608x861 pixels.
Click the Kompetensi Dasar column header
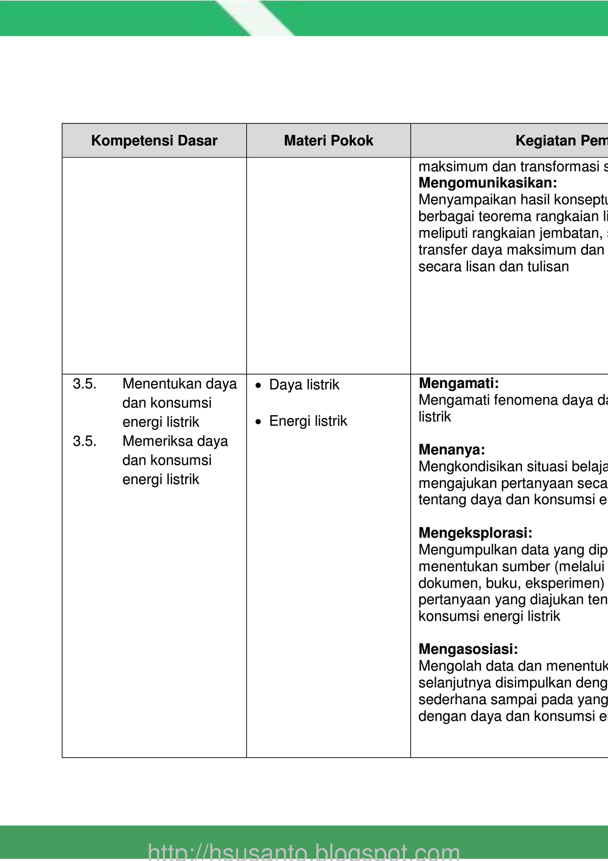click(154, 141)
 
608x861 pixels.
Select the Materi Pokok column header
click(328, 141)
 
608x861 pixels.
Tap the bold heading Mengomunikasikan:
click(488, 183)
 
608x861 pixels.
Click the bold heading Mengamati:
click(458, 383)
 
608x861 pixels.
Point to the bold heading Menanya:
click(452, 450)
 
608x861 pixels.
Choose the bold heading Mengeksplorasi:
click(475, 533)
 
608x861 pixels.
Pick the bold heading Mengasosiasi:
click(468, 649)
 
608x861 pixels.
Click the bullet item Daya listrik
click(304, 385)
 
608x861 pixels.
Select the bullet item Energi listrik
click(308, 421)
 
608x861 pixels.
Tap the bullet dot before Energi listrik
click(259, 422)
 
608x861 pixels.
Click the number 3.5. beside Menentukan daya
click(85, 384)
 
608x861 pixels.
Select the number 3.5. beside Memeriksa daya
click(85, 441)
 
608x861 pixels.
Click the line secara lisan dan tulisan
click(493, 266)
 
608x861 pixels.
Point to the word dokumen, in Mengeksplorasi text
click(450, 583)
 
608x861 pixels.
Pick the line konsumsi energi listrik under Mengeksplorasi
click(489, 616)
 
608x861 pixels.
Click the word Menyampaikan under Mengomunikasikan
click(458, 199)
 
